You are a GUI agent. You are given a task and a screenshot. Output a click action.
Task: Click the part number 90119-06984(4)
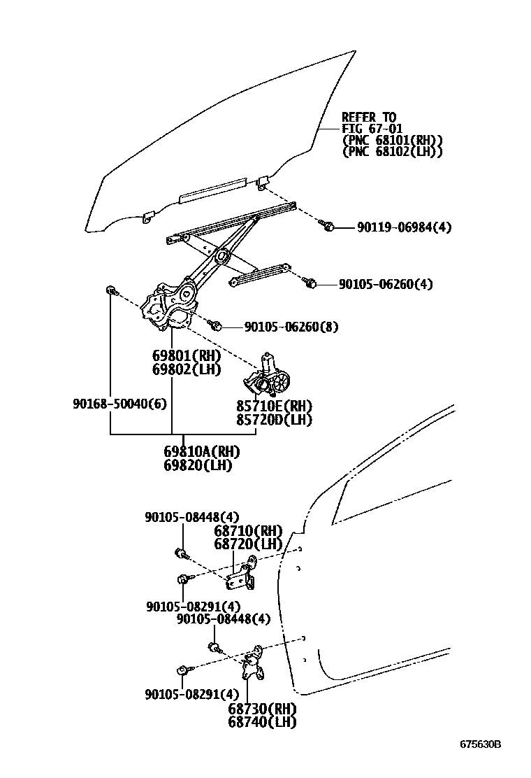click(404, 227)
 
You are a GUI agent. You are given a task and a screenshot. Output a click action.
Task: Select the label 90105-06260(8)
click(291, 327)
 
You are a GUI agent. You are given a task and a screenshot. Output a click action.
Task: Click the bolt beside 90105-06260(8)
click(216, 325)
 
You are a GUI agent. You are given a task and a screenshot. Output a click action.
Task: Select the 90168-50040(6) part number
click(119, 404)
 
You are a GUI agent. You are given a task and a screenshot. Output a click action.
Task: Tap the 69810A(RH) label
click(202, 452)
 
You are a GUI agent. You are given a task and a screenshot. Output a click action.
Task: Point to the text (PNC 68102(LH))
click(392, 150)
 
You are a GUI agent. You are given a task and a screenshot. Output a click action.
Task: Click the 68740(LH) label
click(262, 721)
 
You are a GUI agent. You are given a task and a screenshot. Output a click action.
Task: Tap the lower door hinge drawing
click(252, 664)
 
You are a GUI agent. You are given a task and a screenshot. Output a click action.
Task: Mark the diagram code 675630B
click(480, 745)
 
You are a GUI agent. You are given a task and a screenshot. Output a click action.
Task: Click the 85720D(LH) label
click(273, 420)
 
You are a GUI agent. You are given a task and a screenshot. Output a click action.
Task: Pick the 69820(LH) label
click(199, 465)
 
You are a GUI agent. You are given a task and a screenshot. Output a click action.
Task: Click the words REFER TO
click(368, 117)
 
